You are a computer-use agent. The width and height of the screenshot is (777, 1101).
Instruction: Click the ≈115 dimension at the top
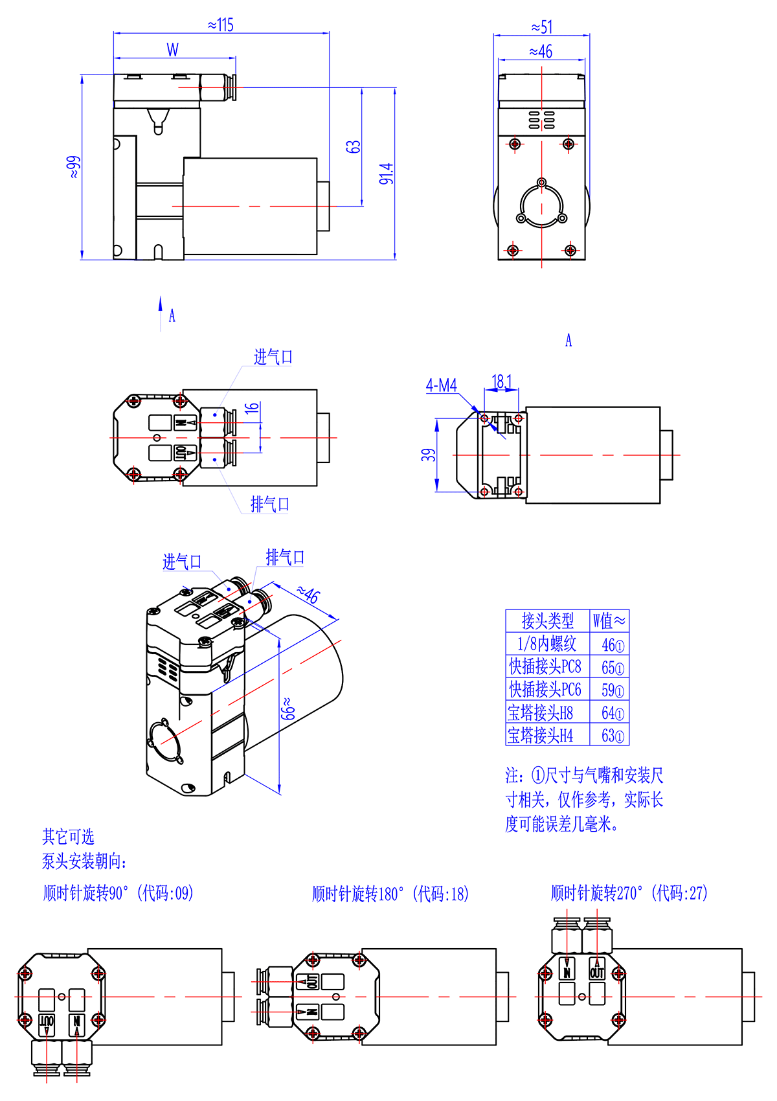click(x=220, y=25)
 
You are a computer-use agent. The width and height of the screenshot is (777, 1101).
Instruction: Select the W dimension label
click(x=172, y=50)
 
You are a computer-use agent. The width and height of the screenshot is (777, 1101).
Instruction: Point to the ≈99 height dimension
click(x=73, y=167)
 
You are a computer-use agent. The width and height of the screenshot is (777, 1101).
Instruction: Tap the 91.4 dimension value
click(x=387, y=174)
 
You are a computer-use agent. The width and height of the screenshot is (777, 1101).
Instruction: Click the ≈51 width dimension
click(x=541, y=27)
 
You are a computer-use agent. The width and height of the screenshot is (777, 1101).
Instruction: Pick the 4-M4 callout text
click(x=442, y=385)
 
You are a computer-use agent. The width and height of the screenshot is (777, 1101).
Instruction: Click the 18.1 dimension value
click(x=502, y=381)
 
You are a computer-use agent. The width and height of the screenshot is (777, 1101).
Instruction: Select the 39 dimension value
click(x=429, y=455)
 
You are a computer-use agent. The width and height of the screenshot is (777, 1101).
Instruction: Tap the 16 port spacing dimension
click(x=252, y=407)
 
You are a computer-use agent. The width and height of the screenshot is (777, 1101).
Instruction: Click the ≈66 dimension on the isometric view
click(x=287, y=709)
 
